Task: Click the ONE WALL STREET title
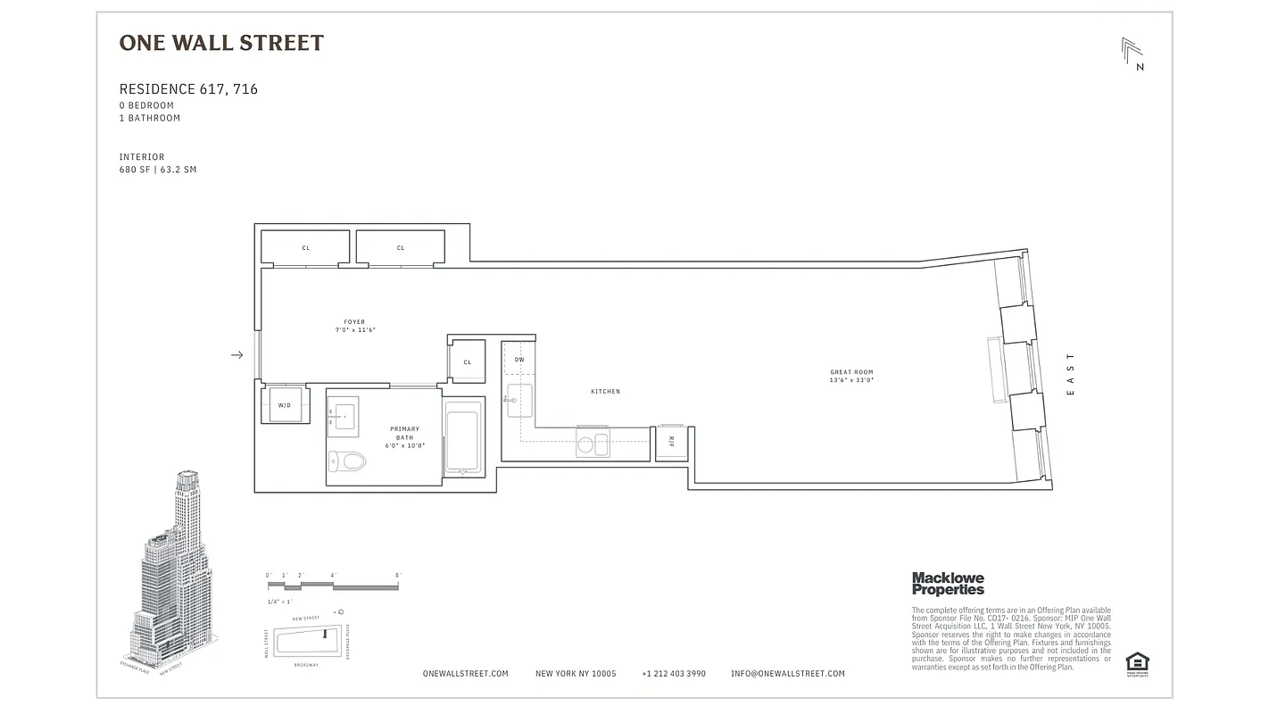pyautogui.click(x=221, y=43)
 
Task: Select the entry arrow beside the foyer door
pyautogui.click(x=237, y=355)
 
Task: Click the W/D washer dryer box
pyautogui.click(x=285, y=404)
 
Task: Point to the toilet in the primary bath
pyautogui.click(x=349, y=461)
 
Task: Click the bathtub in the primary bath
pyautogui.click(x=462, y=437)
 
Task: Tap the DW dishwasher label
pyautogui.click(x=519, y=360)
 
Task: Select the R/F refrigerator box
pyautogui.click(x=671, y=442)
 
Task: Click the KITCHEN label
pyautogui.click(x=605, y=392)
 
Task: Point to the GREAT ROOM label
pyautogui.click(x=850, y=376)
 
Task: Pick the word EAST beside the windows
pyautogui.click(x=1071, y=375)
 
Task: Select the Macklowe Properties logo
pyautogui.click(x=948, y=584)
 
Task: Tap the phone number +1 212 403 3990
pyautogui.click(x=673, y=674)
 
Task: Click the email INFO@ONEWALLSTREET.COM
pyautogui.click(x=787, y=674)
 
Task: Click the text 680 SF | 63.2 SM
pyautogui.click(x=158, y=170)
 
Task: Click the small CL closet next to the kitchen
pyautogui.click(x=467, y=361)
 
